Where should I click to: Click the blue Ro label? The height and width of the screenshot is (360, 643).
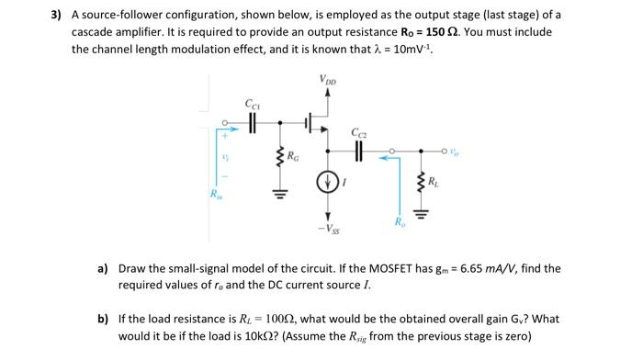pos(398,223)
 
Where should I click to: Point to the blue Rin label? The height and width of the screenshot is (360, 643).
pos(214,196)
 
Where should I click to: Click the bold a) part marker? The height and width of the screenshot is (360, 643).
pos(103,268)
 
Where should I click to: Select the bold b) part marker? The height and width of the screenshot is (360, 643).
pos(103,320)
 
